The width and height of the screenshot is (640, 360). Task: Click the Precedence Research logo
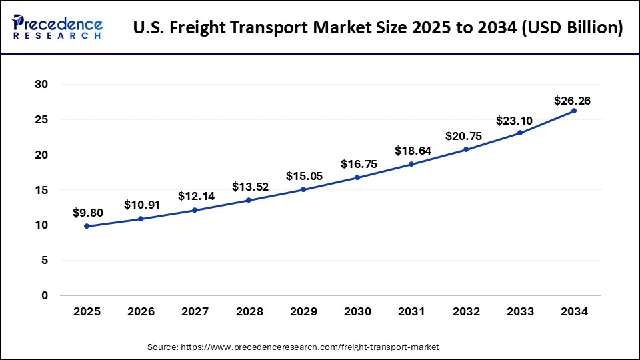57,27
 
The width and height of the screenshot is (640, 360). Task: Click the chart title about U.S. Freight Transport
378,28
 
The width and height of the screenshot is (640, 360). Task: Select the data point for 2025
87,226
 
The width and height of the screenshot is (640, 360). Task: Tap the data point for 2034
574,111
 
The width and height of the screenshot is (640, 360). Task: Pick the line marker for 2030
357,177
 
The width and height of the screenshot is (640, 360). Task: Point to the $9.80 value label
87,214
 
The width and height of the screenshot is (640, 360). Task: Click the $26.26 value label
572,101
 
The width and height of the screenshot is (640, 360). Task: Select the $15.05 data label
303,176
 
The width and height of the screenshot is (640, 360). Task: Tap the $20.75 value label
465,136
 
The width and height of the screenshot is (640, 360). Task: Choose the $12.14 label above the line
195,196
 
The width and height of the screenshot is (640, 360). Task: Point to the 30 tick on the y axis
41,85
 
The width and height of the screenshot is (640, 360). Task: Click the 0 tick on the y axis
45,295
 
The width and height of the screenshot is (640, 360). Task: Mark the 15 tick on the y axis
41,190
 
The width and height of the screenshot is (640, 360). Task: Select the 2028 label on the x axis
249,311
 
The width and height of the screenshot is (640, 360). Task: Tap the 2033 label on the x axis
519,311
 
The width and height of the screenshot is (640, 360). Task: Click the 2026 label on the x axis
141,311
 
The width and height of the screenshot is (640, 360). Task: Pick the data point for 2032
466,149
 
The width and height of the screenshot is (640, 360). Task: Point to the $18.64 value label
412,151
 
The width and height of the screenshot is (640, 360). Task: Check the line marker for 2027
195,210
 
